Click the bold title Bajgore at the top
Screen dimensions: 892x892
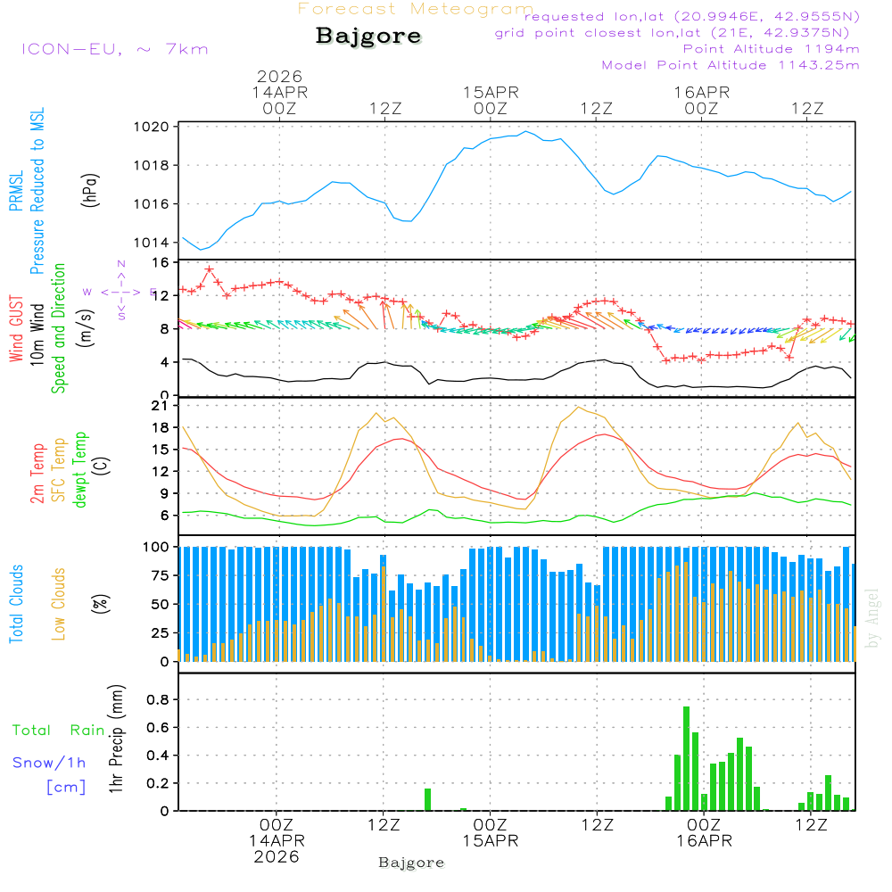coord(368,37)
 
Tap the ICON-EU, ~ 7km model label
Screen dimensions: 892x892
coord(114,49)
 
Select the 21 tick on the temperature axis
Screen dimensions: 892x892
coord(161,406)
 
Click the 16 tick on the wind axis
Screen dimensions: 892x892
coord(161,263)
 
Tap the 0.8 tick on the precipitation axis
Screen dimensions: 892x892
coord(159,699)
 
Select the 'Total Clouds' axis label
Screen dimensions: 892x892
coord(17,604)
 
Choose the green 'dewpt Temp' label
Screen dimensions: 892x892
coord(80,471)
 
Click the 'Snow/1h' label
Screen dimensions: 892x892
coord(49,763)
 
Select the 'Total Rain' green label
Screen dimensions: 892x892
coord(58,731)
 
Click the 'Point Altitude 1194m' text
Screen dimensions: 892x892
coord(771,49)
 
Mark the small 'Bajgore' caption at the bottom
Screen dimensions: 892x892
coord(411,863)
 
